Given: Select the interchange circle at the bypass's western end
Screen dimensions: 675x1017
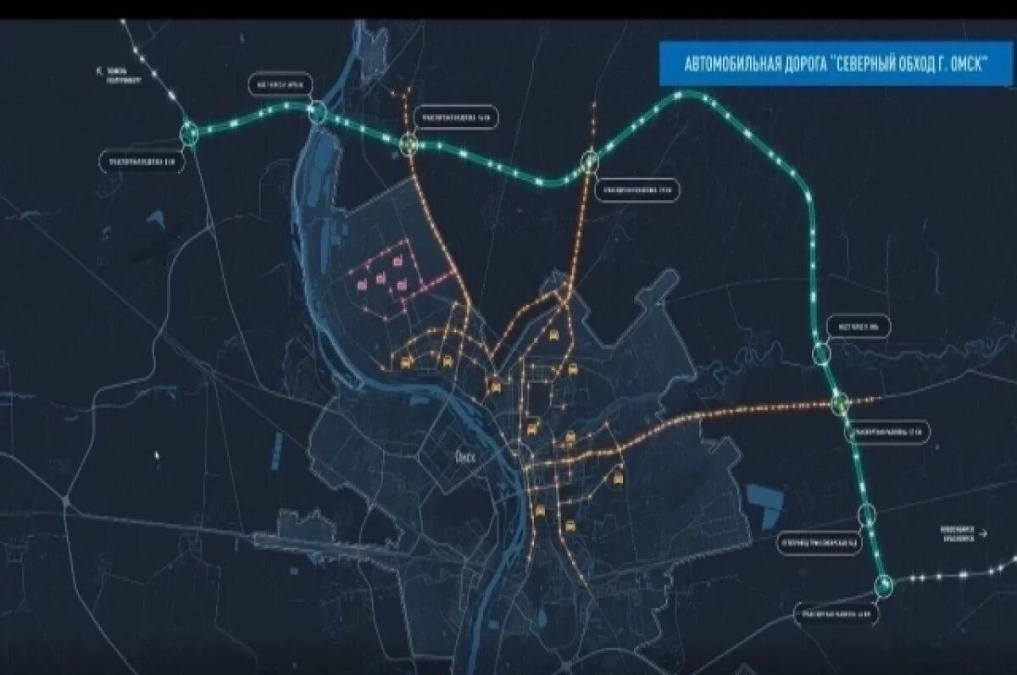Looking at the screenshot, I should tap(190, 132).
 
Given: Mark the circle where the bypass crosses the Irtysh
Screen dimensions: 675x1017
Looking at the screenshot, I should tap(318, 112).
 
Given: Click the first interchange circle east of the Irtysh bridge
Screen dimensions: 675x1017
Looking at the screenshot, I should tap(410, 144).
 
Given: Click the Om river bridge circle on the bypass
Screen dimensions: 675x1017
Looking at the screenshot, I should tap(821, 353).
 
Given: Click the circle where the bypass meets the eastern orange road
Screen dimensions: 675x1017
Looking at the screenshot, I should tap(840, 404).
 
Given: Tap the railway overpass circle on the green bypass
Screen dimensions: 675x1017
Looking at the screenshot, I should tap(866, 513).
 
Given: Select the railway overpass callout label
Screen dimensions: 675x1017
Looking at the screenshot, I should tap(817, 539).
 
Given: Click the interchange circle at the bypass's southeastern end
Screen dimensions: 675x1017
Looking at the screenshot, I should tap(884, 584).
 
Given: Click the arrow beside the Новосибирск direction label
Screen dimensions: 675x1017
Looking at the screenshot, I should tap(983, 534).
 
